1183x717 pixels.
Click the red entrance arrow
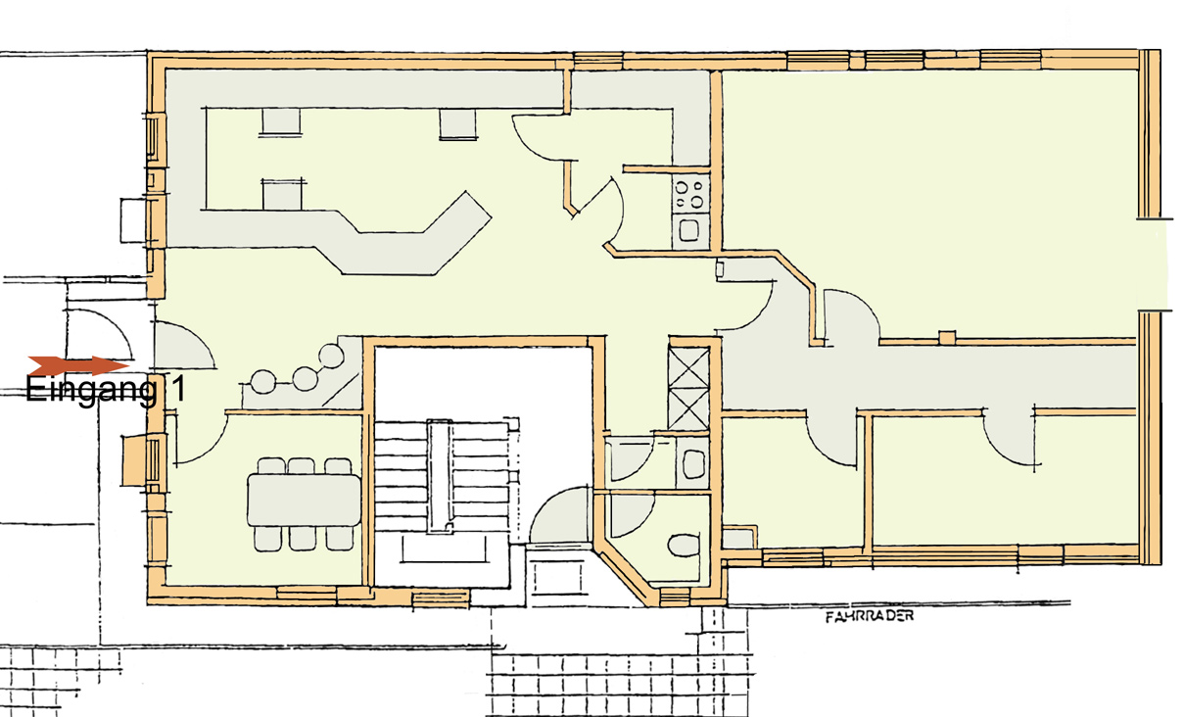click(78, 365)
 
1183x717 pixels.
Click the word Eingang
click(91, 391)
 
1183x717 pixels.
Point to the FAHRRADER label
click(870, 616)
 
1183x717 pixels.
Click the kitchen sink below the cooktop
click(689, 231)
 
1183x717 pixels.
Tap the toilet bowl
click(684, 546)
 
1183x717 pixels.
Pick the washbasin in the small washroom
click(693, 463)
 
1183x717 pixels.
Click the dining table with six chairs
click(305, 500)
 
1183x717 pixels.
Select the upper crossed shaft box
click(688, 366)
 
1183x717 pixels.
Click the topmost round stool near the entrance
click(332, 356)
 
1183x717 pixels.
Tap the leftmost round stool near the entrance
click(263, 382)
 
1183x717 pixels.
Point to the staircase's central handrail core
click(441, 474)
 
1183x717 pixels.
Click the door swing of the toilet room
click(633, 515)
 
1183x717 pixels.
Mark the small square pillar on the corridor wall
click(947, 337)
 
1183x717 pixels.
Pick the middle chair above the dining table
click(302, 466)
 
